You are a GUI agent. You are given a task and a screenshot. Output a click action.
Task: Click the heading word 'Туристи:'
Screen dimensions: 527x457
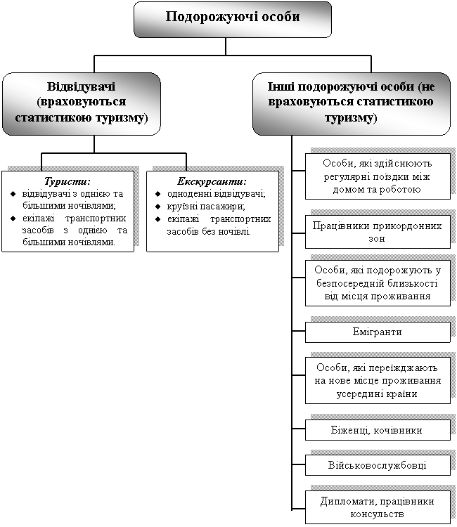67,181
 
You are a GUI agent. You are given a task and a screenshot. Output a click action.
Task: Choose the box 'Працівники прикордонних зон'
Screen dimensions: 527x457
378,232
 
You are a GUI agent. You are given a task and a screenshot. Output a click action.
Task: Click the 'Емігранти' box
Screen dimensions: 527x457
378,332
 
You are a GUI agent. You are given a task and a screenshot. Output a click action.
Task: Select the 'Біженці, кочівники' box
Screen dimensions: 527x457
378,429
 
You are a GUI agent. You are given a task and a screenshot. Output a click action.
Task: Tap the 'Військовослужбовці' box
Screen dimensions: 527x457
378,465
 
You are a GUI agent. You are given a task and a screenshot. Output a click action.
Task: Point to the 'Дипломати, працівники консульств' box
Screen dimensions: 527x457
378,507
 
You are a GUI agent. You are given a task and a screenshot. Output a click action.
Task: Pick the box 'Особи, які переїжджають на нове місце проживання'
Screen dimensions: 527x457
378,380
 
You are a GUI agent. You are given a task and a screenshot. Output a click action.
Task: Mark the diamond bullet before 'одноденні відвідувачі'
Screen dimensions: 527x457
157,195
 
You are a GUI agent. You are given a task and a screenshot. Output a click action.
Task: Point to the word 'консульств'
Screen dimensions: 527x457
378,514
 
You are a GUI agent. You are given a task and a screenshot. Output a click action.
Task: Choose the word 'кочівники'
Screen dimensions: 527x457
401,429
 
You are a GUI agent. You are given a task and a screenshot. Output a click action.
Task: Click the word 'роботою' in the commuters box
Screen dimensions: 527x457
401,189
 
